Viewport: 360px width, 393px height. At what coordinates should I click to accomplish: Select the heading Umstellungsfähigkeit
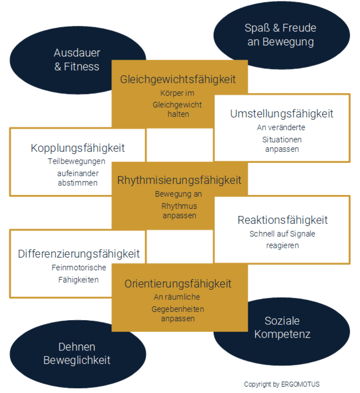coord(282,114)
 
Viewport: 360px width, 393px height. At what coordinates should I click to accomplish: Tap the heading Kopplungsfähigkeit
coord(78,148)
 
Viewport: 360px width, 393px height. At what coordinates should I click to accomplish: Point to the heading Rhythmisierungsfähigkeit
coord(179,180)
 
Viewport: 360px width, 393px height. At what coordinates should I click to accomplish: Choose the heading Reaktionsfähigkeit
coord(282,220)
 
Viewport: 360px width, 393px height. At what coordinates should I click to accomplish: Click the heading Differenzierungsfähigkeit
coord(79,254)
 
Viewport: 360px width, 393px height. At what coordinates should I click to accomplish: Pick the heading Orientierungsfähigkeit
coord(178,284)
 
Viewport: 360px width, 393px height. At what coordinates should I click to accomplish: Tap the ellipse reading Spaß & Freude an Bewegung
coord(281,35)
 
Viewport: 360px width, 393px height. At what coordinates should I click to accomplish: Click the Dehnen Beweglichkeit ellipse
coord(77,353)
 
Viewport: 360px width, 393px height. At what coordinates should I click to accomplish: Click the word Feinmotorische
coord(79,268)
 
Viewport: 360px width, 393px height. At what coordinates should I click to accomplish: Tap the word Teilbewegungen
coord(76,162)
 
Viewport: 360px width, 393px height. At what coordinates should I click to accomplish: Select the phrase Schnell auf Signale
coord(282,234)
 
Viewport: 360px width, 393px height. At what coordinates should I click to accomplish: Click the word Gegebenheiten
coord(178,309)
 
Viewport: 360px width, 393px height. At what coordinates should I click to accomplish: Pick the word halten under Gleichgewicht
coord(178,114)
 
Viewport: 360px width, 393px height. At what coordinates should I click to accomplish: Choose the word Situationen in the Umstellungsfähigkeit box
coord(282,139)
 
